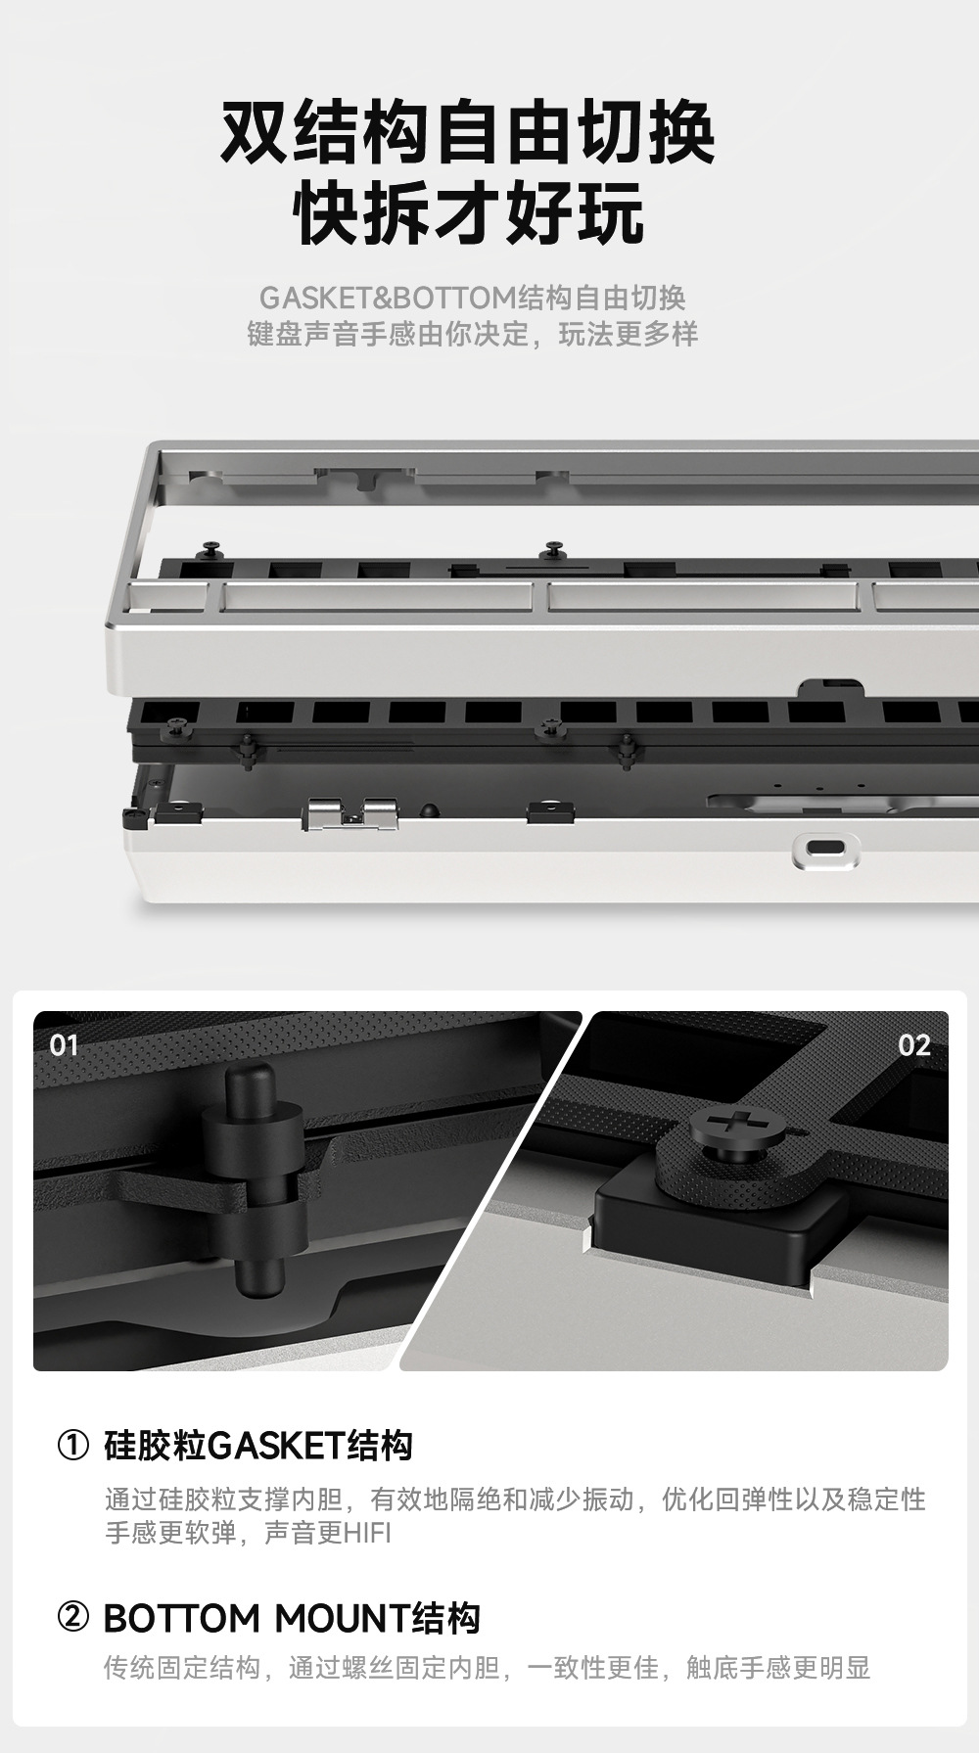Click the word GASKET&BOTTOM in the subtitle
[x=388, y=298]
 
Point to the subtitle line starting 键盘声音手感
[x=472, y=335]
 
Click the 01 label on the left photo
[x=64, y=1045]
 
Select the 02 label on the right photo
[x=914, y=1045]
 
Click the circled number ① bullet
[x=73, y=1446]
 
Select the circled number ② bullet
[x=73, y=1618]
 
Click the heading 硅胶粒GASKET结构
[x=258, y=1446]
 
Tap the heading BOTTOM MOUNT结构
[x=292, y=1619]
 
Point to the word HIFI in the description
[x=367, y=1533]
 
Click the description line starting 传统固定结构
[x=488, y=1668]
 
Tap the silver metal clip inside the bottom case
[x=352, y=813]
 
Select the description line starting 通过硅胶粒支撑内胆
[x=515, y=1499]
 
